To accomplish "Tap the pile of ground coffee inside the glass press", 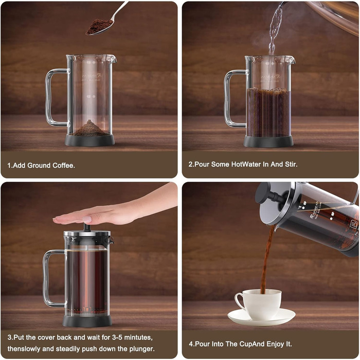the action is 90,129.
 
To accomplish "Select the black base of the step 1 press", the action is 89,140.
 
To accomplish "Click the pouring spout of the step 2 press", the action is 292,60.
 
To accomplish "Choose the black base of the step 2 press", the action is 268,141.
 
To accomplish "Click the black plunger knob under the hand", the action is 87,228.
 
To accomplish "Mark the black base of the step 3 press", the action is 87,321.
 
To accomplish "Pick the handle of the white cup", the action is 240,301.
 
